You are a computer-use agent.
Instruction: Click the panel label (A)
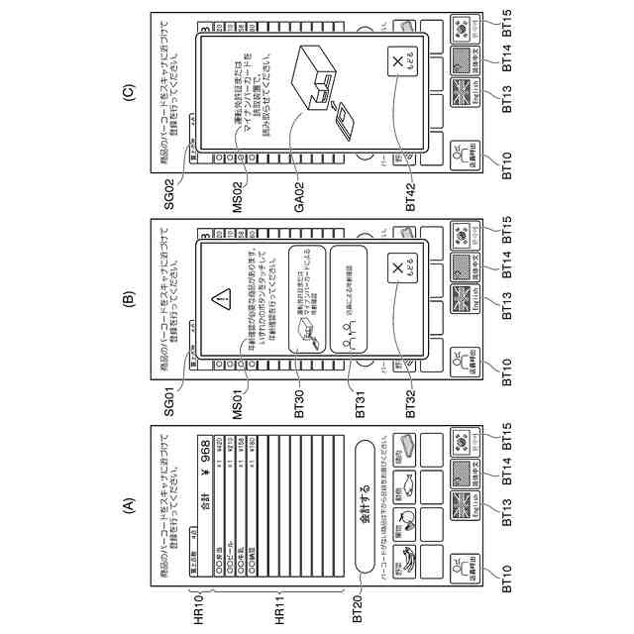coord(127,504)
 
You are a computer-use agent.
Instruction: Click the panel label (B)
coord(127,295)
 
